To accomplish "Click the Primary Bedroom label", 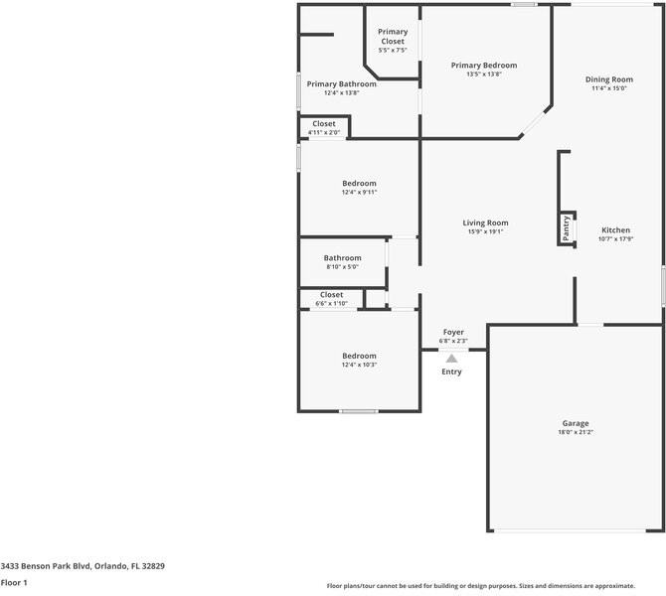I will [x=484, y=66].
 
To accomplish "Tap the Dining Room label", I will [x=608, y=79].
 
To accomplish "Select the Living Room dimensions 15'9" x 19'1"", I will [x=485, y=231].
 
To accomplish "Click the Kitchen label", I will [x=615, y=229].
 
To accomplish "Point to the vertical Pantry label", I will [x=567, y=228].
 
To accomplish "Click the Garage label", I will [x=576, y=423].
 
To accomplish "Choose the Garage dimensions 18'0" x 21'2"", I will [x=576, y=432].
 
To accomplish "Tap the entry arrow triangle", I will [x=451, y=358].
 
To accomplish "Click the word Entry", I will [x=451, y=372].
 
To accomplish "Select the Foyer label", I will [x=453, y=332].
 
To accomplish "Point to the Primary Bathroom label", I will [x=341, y=84].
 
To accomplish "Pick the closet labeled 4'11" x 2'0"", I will [x=324, y=132].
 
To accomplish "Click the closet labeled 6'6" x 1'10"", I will [x=331, y=303].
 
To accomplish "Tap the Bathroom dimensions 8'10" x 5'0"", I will [x=342, y=266].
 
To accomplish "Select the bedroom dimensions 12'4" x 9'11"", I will [x=359, y=193].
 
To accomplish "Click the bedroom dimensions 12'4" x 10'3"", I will [x=359, y=365].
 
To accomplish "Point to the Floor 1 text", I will [x=14, y=583].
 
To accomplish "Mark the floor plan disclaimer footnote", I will [x=493, y=585].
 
